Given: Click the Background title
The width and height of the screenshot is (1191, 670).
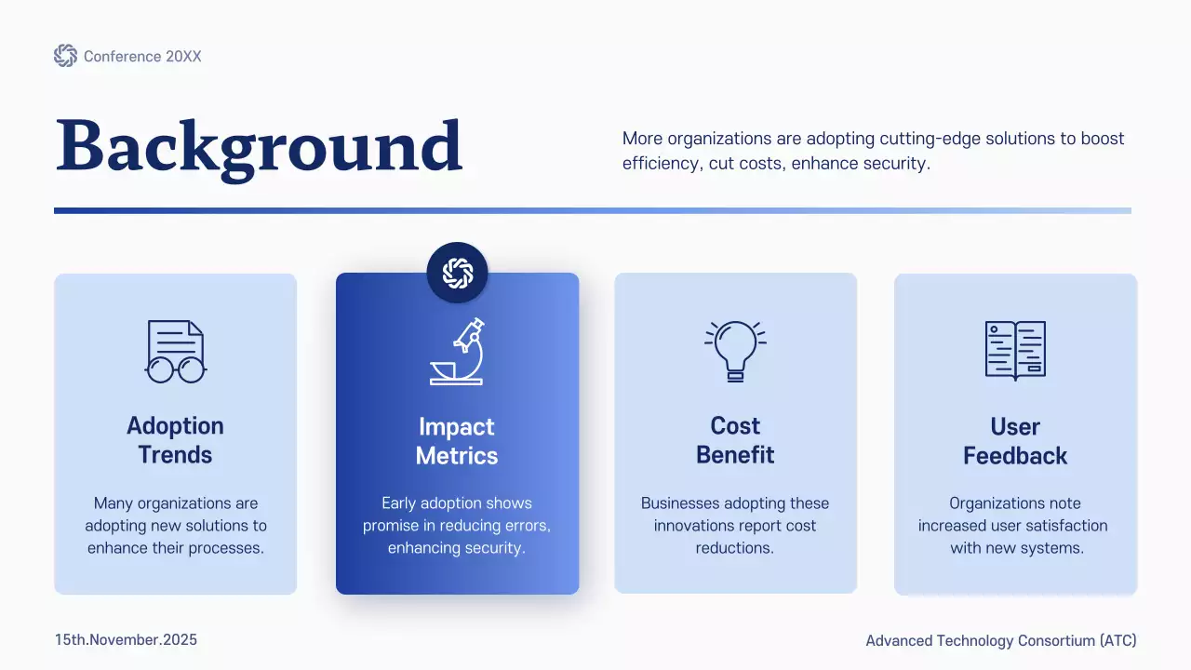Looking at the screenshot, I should pos(259,147).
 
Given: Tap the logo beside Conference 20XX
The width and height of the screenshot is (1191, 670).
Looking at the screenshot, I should pos(65,56).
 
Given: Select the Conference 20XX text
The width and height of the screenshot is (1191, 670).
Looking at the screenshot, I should pos(142,57).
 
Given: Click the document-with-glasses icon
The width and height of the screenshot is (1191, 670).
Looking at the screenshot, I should pos(175,351).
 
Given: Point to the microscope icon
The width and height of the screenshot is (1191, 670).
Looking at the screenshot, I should pos(457,351).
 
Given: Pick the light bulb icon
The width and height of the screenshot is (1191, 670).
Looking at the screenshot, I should pos(735,351).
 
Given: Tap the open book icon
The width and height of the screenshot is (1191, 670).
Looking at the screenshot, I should pos(1015,351).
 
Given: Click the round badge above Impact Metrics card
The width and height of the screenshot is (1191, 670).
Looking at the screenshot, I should pos(457,273).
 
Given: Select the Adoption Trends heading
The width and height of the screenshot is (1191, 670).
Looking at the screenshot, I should pos(175,440).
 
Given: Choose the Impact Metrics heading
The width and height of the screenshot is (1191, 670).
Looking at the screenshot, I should pos(457,441).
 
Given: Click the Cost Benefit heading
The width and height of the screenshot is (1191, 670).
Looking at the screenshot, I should pos(735,440).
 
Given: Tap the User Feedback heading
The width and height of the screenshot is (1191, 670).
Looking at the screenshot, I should pos(1015,441).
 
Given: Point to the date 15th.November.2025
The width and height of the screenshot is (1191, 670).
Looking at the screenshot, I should pos(126,640).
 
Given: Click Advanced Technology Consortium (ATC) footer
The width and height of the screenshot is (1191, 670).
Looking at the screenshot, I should pos(1001,640).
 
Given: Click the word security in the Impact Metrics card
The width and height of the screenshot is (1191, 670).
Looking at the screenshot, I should pos(494,548).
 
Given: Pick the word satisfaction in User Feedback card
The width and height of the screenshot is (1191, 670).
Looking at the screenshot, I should pos(1060,526).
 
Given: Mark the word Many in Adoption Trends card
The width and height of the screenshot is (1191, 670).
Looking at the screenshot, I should pos(114,503).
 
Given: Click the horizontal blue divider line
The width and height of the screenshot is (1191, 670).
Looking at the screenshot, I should pos(593,210).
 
